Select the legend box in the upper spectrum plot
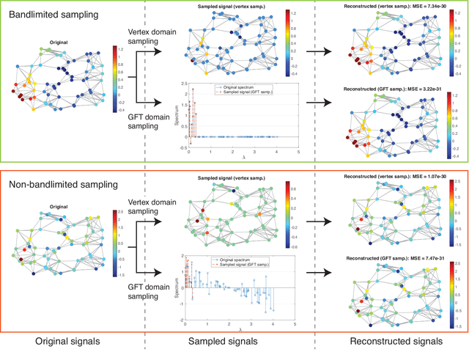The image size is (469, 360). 254,89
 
